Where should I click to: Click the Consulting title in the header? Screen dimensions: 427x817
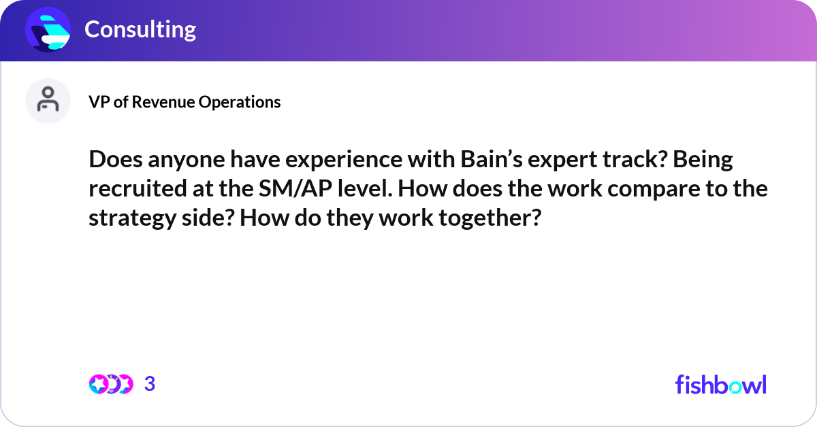click(x=140, y=29)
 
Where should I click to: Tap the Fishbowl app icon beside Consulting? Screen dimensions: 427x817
click(x=48, y=30)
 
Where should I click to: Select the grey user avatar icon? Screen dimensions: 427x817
click(x=48, y=101)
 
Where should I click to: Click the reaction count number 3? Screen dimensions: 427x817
click(x=150, y=384)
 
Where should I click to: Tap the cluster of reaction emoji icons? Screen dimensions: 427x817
click(x=110, y=384)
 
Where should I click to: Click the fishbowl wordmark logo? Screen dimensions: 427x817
click(x=720, y=384)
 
